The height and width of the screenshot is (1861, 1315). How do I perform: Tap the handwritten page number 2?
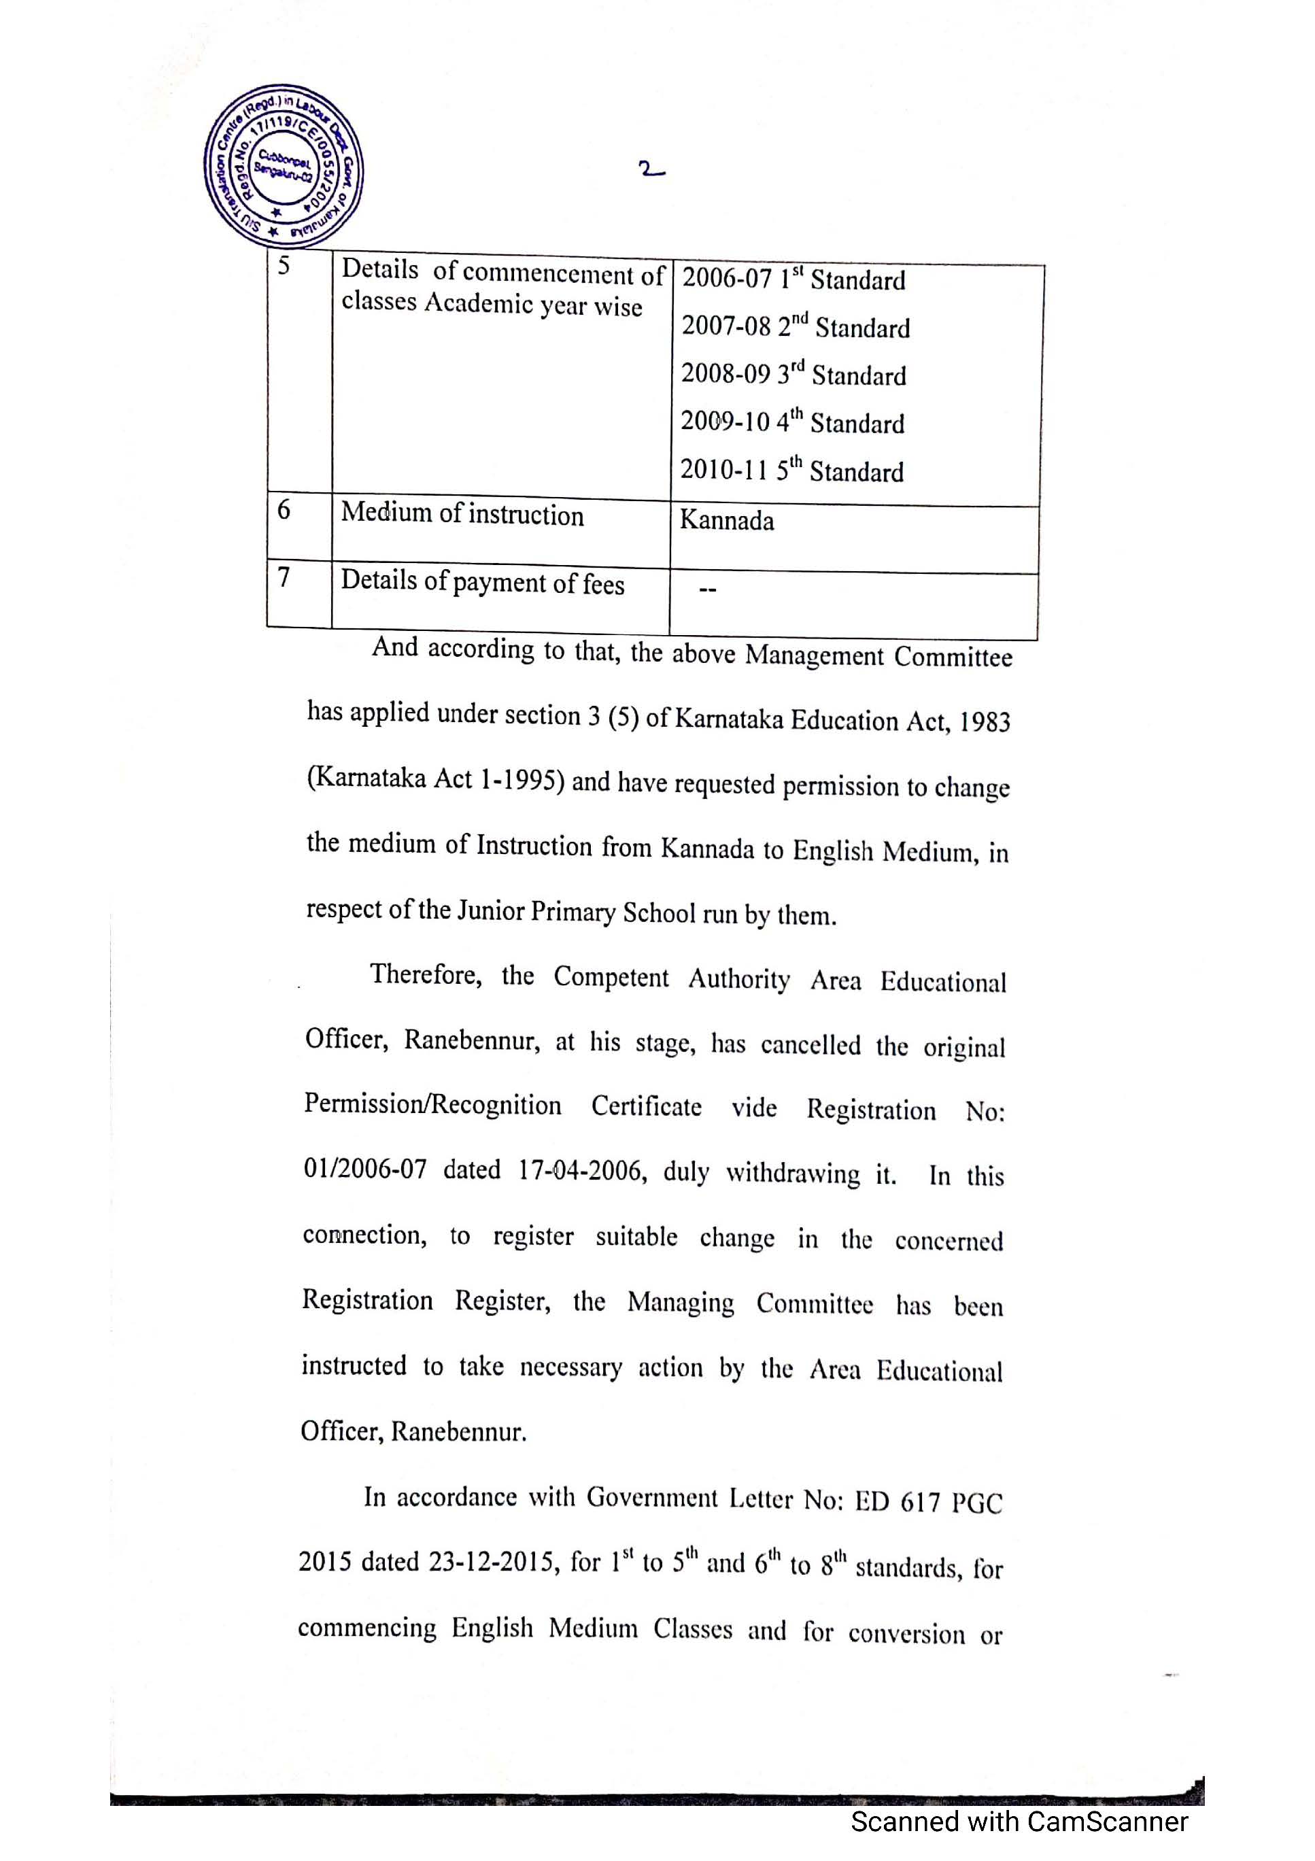click(x=651, y=170)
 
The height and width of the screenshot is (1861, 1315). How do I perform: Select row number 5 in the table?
click(x=284, y=266)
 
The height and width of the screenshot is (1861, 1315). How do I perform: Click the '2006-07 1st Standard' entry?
click(x=793, y=279)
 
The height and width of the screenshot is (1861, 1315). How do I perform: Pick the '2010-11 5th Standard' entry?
click(x=791, y=470)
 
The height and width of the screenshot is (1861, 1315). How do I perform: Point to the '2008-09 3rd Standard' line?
click(x=793, y=375)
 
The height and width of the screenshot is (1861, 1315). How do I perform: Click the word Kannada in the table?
click(x=726, y=520)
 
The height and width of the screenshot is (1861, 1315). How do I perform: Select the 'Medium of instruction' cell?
click(x=462, y=514)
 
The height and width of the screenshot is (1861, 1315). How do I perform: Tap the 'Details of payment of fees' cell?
click(x=482, y=582)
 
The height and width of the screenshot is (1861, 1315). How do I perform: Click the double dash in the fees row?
click(x=707, y=591)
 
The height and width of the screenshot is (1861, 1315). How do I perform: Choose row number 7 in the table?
click(x=284, y=577)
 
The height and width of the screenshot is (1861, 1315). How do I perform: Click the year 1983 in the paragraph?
click(x=985, y=722)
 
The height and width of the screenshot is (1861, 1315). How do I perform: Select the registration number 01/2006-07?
click(x=365, y=1169)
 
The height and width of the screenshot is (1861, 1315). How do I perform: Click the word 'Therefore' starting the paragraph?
click(x=426, y=974)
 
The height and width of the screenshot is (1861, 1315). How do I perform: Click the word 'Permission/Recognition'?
click(x=432, y=1104)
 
